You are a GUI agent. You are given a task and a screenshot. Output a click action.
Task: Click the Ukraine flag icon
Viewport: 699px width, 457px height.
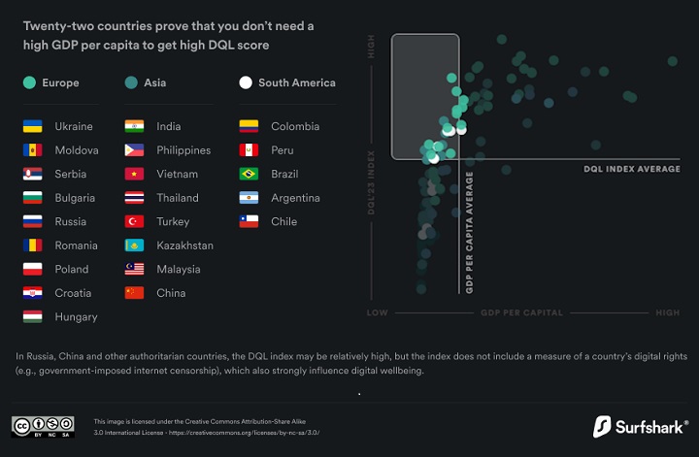coord(33,126)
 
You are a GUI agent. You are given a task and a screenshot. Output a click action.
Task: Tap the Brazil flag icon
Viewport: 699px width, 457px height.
coord(250,174)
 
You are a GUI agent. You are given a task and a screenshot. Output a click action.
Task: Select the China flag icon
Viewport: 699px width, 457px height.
coord(135,293)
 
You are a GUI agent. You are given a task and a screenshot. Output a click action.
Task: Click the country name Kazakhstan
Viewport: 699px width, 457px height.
coord(184,245)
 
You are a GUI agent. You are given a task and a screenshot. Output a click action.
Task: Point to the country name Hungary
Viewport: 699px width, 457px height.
coord(76,316)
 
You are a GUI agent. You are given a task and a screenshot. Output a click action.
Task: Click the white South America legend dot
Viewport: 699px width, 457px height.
coord(246,83)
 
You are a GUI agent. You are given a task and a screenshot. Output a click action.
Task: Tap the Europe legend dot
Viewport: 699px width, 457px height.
coord(30,83)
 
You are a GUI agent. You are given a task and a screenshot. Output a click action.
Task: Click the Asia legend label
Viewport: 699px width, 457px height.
coord(154,83)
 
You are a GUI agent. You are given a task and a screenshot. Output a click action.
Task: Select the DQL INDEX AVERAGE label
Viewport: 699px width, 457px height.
coord(632,169)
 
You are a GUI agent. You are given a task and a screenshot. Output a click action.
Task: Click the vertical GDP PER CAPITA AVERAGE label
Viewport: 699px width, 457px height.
coord(469,233)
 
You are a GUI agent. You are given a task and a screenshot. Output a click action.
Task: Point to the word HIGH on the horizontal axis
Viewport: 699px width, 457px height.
coord(667,312)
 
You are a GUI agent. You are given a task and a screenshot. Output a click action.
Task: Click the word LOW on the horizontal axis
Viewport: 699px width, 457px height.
coord(377,312)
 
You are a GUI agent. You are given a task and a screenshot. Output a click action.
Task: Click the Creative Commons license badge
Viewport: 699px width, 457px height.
coord(43,427)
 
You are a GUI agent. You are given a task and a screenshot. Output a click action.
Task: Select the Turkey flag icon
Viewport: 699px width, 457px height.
coord(135,221)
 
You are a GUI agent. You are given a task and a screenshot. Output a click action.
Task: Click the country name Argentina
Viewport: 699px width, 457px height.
coord(295,198)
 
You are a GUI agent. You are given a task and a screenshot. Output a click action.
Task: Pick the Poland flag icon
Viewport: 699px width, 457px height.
coord(33,269)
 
